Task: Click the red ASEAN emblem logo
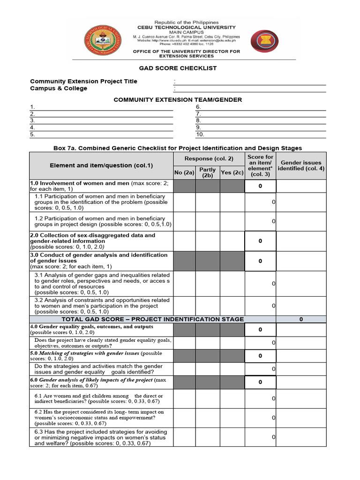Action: coord(265,41)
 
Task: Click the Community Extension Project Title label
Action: coord(84,81)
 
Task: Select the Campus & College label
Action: coord(59,88)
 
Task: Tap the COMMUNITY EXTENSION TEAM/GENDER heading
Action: coord(178,100)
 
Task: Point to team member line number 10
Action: coord(261,135)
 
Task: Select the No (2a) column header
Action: coord(184,172)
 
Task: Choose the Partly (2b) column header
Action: coord(208,172)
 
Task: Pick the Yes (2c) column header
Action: coord(232,172)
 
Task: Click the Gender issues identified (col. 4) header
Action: coord(301,165)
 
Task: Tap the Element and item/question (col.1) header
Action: coord(101,165)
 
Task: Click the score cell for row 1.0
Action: coord(260,186)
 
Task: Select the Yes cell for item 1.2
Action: coord(232,221)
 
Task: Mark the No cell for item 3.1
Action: coord(184,283)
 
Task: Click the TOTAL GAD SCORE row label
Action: coord(153,319)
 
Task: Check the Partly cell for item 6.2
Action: coord(208,418)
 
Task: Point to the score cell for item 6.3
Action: coord(260,437)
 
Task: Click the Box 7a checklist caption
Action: coord(178,148)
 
